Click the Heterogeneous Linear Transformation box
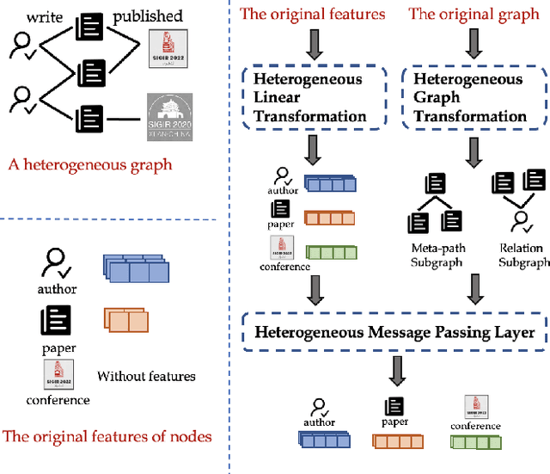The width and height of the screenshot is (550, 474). click(309, 97)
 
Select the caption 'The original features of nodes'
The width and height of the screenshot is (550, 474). click(107, 436)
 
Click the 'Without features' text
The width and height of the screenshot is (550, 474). click(146, 376)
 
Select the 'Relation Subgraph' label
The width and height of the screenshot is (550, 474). click(523, 255)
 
